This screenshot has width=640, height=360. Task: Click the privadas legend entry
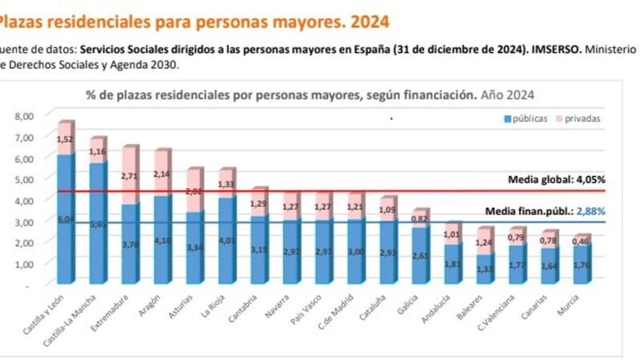(582, 118)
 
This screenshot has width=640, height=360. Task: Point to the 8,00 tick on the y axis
(24, 116)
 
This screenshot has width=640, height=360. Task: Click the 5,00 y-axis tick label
(24, 179)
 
